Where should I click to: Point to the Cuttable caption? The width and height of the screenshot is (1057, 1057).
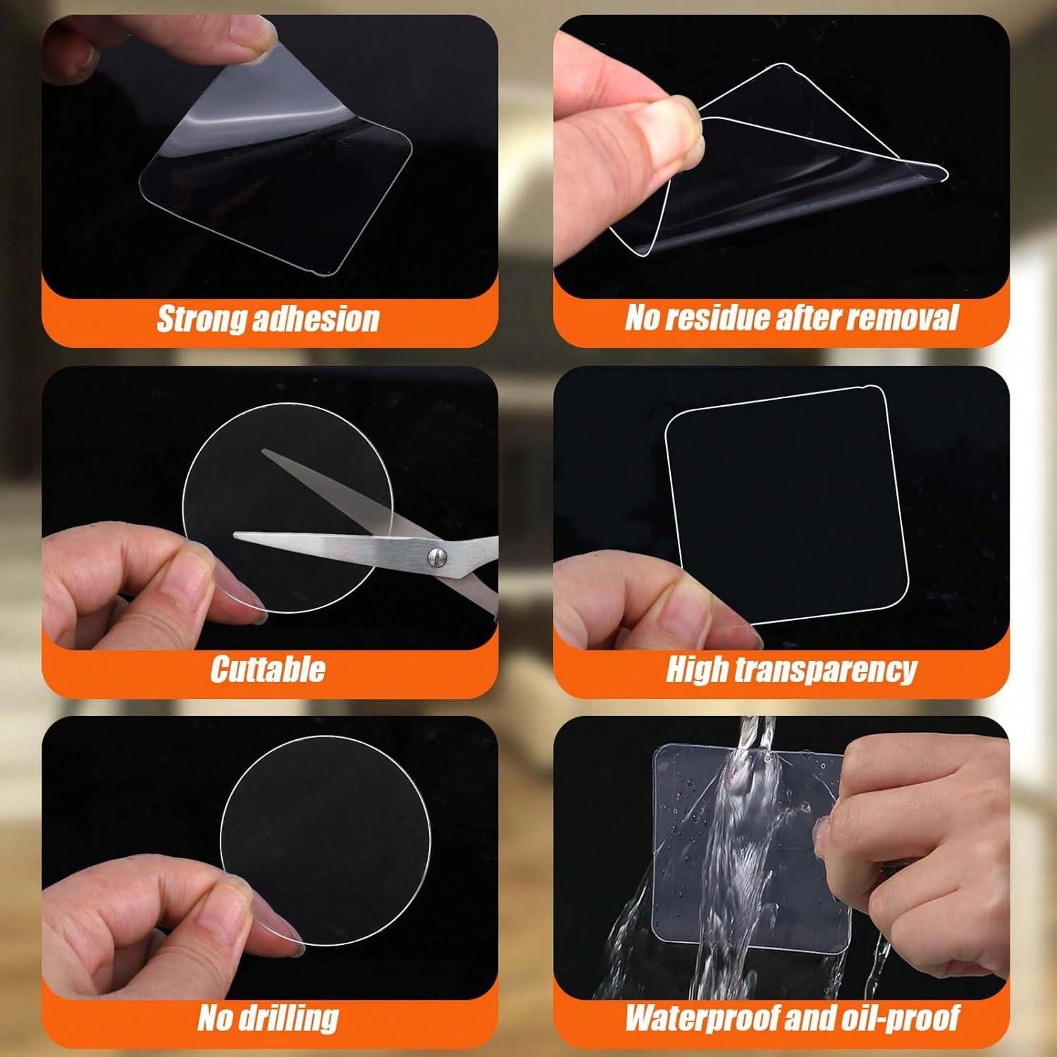click(x=268, y=669)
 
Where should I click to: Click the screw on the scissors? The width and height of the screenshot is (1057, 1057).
click(x=435, y=557)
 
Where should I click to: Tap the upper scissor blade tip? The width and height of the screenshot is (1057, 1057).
click(x=263, y=451)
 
